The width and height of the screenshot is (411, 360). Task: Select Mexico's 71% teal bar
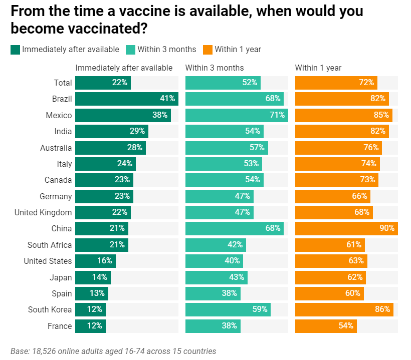click(236, 115)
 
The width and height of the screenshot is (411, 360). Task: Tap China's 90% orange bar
click(346, 229)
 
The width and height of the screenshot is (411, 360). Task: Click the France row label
click(60, 326)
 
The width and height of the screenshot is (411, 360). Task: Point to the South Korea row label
click(50, 310)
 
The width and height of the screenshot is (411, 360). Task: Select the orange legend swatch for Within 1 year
click(208, 50)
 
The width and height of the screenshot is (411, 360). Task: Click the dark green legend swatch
click(15, 50)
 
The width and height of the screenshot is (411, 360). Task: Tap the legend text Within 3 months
click(167, 50)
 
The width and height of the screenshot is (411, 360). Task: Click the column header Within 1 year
click(318, 68)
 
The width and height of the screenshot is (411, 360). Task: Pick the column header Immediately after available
click(124, 68)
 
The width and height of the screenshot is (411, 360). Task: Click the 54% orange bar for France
click(326, 326)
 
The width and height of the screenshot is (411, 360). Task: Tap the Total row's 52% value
click(250, 83)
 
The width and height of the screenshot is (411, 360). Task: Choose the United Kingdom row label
click(43, 213)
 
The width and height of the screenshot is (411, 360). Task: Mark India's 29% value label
click(137, 132)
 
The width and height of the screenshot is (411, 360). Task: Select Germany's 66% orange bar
click(332, 196)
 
